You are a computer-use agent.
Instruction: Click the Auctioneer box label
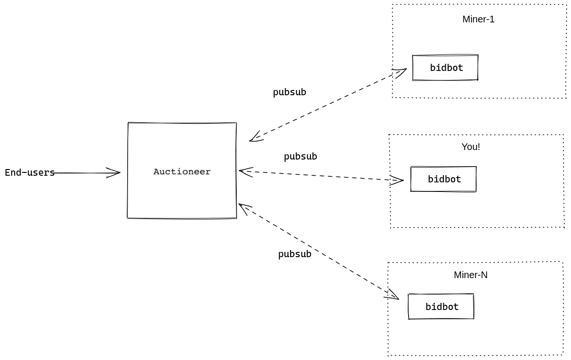point(182,172)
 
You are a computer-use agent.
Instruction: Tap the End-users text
point(30,172)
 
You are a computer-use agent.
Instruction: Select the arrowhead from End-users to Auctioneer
point(114,172)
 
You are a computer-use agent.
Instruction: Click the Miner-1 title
point(478,20)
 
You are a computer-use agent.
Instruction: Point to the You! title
point(471,147)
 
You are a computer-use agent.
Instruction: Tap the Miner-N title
point(471,275)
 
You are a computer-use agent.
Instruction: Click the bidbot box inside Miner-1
point(445,68)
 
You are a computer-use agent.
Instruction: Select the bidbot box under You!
point(443,179)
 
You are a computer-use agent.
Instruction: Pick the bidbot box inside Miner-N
point(441,307)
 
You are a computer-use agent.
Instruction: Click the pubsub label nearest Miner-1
point(290,92)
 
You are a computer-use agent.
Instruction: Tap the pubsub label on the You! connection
point(301,157)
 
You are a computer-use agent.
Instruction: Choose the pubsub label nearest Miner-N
point(295,254)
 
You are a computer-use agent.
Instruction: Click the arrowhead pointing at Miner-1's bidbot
point(400,72)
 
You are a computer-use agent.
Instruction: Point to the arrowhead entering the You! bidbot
point(397,180)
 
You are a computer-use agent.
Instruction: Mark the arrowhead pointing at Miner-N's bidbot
point(392,295)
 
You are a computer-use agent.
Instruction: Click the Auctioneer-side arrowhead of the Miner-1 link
point(256,137)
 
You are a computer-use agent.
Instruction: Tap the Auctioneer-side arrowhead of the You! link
point(246,172)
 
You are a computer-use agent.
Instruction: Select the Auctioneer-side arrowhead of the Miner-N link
point(245,209)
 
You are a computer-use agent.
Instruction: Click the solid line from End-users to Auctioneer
point(87,173)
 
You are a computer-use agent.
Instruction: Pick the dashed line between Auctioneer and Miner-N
point(319,251)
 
